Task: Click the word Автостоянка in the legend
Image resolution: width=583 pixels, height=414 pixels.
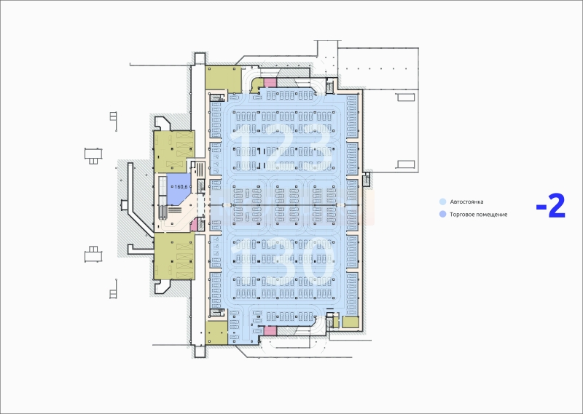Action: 466,202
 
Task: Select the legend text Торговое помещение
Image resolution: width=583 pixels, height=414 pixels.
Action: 479,215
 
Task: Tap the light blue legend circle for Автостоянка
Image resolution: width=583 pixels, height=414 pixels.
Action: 442,202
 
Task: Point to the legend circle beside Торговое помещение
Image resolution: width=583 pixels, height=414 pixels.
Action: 442,214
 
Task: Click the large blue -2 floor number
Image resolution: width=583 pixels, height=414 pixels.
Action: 551,206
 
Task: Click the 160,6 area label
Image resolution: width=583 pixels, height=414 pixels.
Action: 181,187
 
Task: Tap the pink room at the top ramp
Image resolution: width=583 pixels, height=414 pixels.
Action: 270,83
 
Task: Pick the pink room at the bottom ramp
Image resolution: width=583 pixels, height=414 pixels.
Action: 270,330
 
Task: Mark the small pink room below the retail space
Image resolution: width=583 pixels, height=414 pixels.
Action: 193,225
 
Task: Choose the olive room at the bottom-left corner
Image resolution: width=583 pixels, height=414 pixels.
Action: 216,333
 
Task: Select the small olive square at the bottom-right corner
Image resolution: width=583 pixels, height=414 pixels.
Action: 351,322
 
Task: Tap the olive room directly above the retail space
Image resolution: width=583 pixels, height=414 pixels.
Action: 174,151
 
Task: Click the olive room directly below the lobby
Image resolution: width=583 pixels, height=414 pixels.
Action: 174,256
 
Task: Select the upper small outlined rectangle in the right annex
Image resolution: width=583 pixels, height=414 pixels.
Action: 406,97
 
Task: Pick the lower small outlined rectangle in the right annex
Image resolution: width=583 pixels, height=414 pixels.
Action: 406,164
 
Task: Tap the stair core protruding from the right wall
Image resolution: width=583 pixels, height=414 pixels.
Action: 367,179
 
